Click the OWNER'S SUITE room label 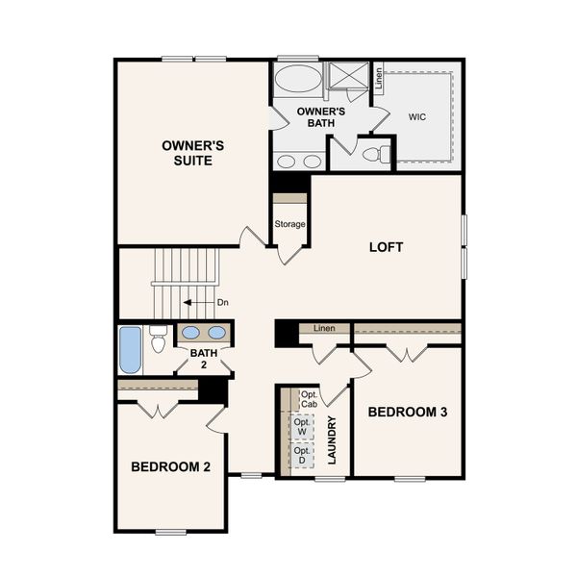point(192,153)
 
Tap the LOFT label point(386,247)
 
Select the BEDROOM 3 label point(408,412)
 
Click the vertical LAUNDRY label point(332,439)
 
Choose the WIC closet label point(417,116)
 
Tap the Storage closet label point(289,224)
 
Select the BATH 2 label point(203,359)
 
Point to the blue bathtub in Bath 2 point(130,350)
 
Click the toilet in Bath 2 point(159,338)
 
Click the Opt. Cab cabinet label point(309,399)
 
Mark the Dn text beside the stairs point(222,303)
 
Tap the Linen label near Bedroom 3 point(324,330)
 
